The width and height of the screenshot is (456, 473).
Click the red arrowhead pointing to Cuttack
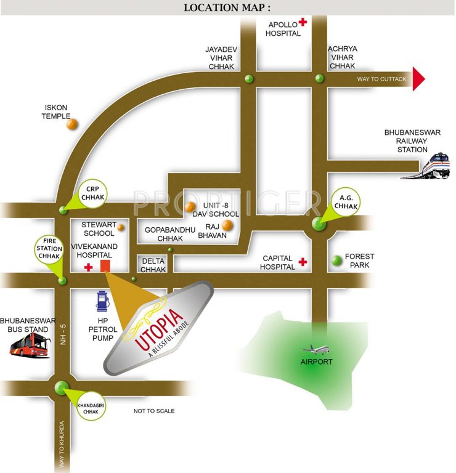(419, 79)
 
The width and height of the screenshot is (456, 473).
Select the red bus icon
(30, 347)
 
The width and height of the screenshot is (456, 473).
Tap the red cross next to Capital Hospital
(303, 262)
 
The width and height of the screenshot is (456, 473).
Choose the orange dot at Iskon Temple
(72, 124)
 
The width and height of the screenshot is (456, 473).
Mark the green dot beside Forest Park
(336, 261)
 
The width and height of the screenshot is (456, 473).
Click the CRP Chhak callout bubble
(94, 192)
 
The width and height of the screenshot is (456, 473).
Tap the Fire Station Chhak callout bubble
(50, 248)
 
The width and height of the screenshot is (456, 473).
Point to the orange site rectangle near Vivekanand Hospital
(105, 265)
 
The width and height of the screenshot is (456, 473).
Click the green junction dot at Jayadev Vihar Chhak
(249, 79)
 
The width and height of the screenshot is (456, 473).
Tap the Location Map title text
(227, 7)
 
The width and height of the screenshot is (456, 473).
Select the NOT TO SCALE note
(154, 411)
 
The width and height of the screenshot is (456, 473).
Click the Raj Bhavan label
(212, 231)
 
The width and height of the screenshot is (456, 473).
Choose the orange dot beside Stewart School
(121, 227)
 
